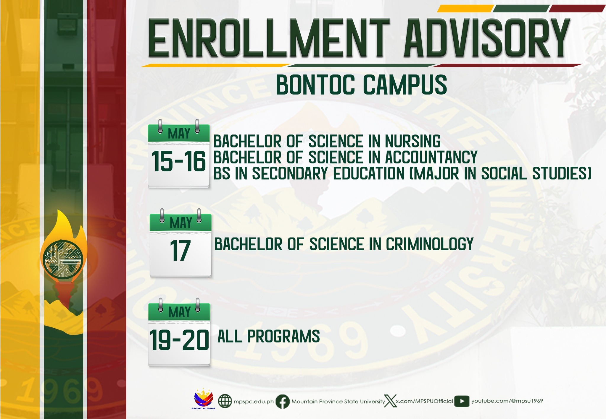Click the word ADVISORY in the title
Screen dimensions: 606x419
[x=487, y=38]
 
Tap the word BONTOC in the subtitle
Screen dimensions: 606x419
[x=315, y=85]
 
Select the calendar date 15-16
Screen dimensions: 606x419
[x=178, y=162]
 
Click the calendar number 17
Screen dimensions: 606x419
[x=180, y=251]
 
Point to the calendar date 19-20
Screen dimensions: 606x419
[x=179, y=340]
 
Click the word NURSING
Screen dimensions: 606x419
[x=413, y=141]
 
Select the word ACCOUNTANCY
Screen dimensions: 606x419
[x=431, y=157]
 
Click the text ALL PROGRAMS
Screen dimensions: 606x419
[x=269, y=336]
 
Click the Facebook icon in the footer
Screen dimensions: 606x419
[x=283, y=402]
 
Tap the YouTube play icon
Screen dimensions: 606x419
[x=462, y=401]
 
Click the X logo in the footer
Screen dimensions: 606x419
[x=390, y=401]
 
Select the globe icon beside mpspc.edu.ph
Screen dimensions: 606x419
[x=225, y=402]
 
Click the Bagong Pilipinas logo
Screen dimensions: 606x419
[x=204, y=399]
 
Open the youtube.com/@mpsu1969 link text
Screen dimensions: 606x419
[x=507, y=401]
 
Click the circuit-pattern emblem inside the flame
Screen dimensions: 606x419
[x=63, y=259]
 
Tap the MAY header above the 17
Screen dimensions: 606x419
[x=181, y=223]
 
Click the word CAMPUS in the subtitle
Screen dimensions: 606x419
[x=405, y=85]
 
